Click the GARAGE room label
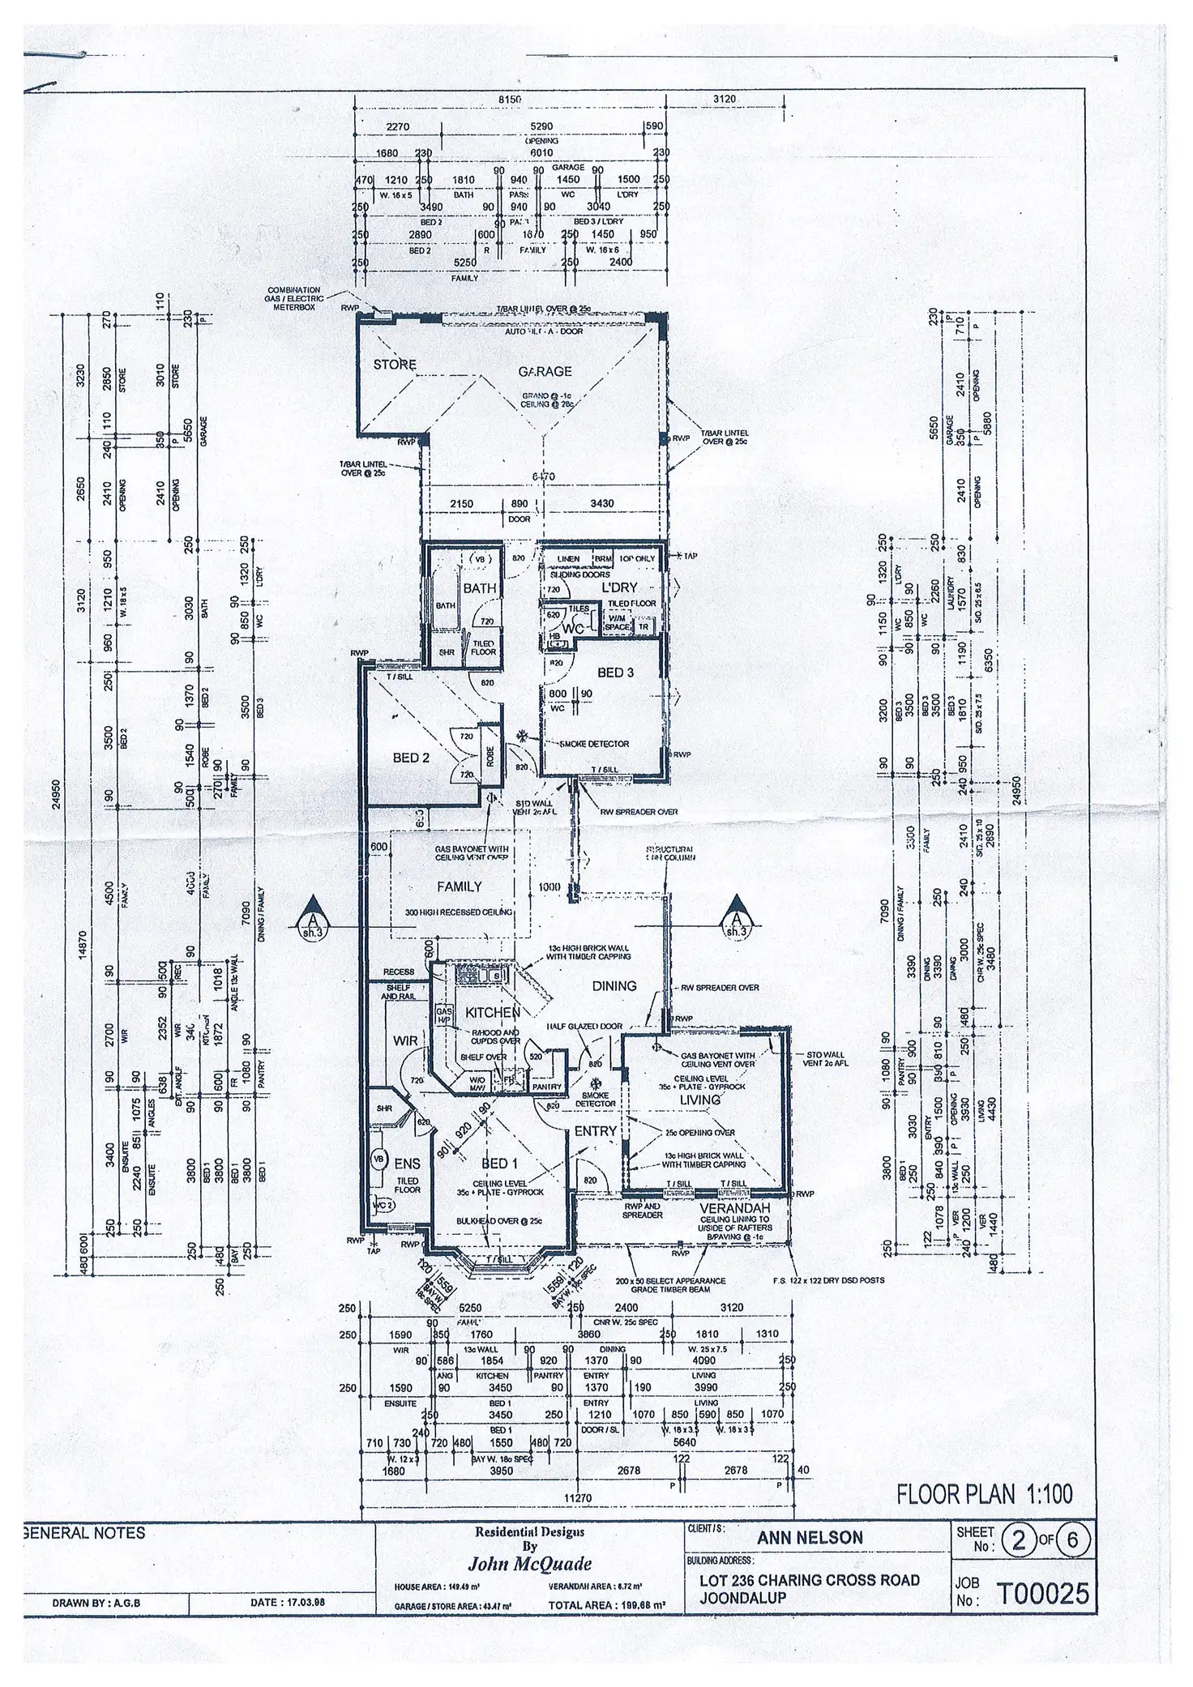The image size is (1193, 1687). coord(545,372)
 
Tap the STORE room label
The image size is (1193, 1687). coord(395,365)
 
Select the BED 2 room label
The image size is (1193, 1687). coord(411,758)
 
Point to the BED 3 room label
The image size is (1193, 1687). coord(616,673)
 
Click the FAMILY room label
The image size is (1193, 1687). coord(460,886)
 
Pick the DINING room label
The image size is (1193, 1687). coord(614,986)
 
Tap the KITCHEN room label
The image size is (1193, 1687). coord(492,1013)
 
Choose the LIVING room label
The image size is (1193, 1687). coord(700,1100)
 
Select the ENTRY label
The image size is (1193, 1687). coord(596,1130)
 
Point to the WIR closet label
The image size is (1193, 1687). coord(405,1040)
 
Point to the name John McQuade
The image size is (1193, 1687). coord(529,1564)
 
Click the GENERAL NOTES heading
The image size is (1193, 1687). coord(86,1533)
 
